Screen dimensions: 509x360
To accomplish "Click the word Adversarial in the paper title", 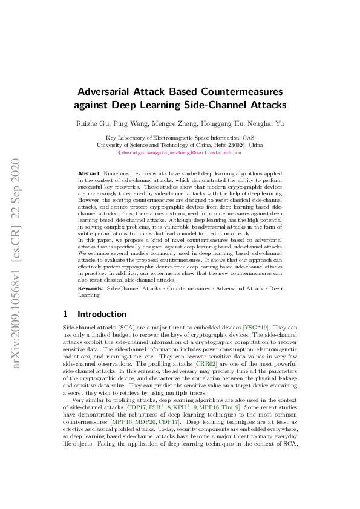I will pyautogui.click(x=108, y=91).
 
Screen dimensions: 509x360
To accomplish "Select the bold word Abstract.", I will pyautogui.click(x=89, y=173).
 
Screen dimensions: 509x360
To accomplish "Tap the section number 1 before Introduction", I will pyautogui.click(x=66, y=314).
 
